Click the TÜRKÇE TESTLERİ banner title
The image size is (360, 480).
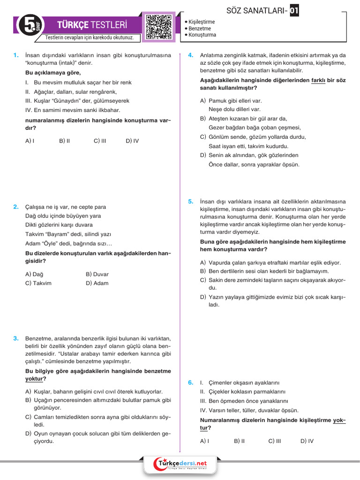point(91,25)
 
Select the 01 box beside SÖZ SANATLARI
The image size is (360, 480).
point(294,10)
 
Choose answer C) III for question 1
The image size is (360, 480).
point(100,140)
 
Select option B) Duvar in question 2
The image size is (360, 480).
point(97,274)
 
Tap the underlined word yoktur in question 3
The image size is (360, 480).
point(36,379)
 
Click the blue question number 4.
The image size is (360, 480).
point(191,55)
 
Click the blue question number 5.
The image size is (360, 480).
point(191,202)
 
